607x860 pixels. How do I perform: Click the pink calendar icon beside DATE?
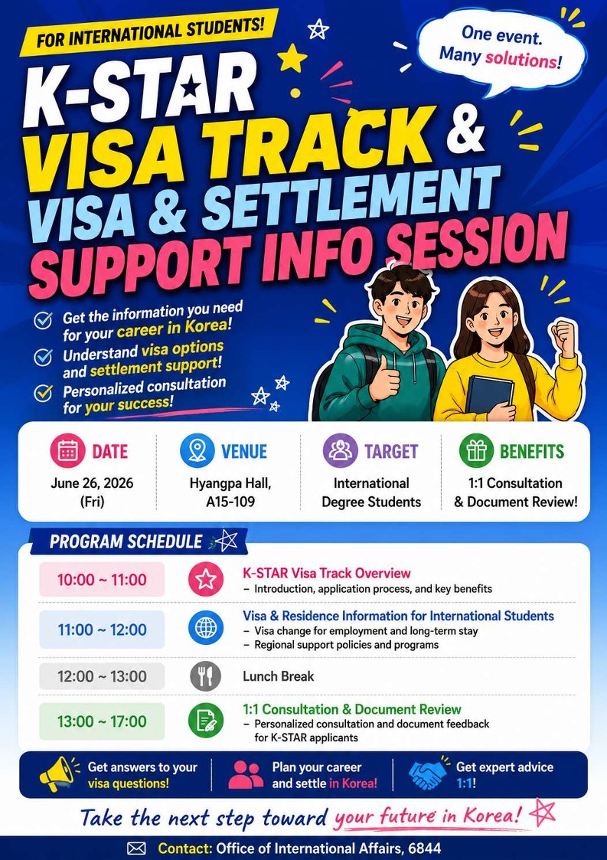click(67, 450)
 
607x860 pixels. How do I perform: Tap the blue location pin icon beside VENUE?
click(197, 450)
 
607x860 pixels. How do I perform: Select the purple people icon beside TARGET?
click(340, 450)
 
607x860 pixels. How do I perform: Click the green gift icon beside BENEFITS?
click(477, 450)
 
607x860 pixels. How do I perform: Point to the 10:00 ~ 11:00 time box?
click(102, 579)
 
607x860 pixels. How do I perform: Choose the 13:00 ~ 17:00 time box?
click(102, 721)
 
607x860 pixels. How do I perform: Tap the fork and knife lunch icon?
click(206, 675)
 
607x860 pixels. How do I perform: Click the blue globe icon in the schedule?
click(206, 627)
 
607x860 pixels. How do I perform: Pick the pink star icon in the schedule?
click(206, 579)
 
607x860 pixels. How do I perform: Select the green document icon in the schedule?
click(206, 721)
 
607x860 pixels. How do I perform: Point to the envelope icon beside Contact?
click(136, 849)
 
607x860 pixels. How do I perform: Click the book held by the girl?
click(489, 395)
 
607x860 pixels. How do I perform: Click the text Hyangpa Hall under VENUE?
click(230, 483)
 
